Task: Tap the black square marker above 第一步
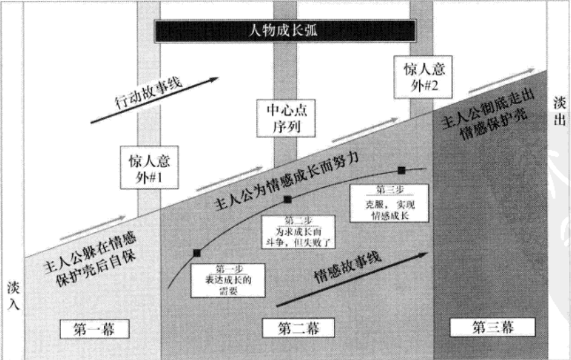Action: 196,253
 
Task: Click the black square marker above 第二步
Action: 288,199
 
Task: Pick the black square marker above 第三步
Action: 401,170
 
